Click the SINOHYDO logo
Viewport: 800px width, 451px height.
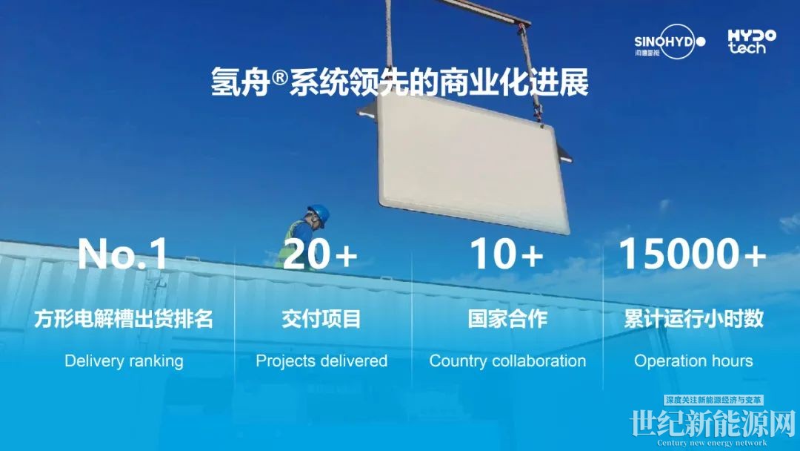click(670, 42)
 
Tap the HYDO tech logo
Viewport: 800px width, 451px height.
click(752, 42)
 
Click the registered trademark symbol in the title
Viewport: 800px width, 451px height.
click(279, 78)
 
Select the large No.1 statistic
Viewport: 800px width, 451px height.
click(122, 254)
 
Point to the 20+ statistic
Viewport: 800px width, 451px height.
click(320, 254)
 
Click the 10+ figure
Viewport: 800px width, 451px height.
click(506, 254)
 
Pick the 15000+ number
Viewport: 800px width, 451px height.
click(693, 254)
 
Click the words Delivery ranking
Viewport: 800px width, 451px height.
click(124, 361)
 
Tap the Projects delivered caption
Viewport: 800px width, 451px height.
click(321, 361)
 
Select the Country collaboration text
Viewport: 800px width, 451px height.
click(507, 361)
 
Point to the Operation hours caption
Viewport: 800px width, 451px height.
click(693, 361)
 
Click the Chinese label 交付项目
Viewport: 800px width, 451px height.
click(321, 319)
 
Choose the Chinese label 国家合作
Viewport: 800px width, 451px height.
click(507, 319)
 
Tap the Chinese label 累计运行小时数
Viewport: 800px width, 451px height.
click(693, 319)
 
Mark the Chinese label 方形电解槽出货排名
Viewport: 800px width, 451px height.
click(124, 319)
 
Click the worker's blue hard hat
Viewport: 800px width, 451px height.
click(319, 213)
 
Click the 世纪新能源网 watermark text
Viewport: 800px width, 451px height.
click(713, 423)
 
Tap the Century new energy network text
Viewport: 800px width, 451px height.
click(713, 443)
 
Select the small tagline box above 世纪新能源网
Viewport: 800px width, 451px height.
click(714, 400)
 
